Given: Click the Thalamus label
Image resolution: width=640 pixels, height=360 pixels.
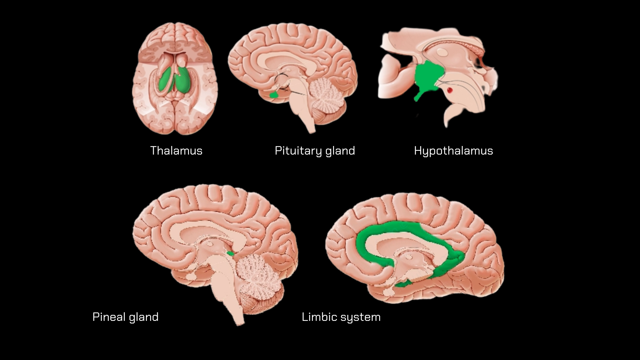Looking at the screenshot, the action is click(x=176, y=151).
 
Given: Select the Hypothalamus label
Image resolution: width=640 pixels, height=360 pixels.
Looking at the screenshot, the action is click(x=453, y=151).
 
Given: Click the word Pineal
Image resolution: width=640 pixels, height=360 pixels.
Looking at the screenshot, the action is click(x=109, y=317).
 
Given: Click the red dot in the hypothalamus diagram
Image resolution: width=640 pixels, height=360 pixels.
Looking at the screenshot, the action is click(x=450, y=91).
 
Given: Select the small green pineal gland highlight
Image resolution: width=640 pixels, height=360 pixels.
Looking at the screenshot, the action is click(x=230, y=253).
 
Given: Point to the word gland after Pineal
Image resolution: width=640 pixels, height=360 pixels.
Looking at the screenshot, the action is click(x=144, y=317).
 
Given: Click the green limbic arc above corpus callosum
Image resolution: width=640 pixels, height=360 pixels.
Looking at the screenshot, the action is click(x=400, y=229).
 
